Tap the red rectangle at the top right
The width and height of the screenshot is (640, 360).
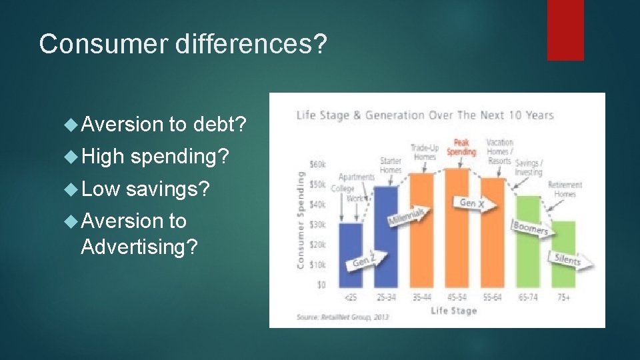tap(565, 29)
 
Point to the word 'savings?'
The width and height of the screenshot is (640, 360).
tap(167, 189)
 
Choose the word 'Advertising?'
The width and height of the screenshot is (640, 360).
tap(139, 247)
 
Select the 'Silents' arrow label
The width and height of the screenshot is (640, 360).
tap(567, 259)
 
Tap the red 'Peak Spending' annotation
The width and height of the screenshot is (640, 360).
tap(461, 147)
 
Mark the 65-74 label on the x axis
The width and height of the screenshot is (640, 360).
tap(528, 297)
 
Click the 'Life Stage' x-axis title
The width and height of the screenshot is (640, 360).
tap(453, 311)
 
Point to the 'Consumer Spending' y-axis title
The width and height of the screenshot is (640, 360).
tap(301, 220)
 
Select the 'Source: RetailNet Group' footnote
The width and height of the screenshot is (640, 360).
tap(343, 317)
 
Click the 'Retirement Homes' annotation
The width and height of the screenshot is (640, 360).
tap(565, 189)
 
